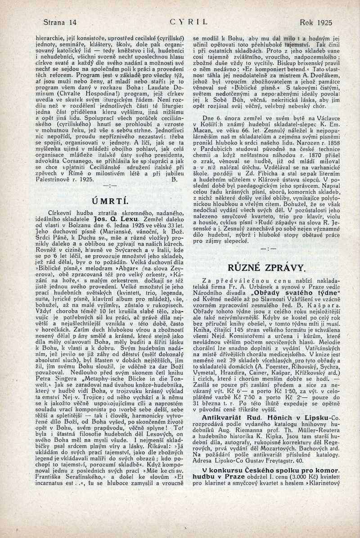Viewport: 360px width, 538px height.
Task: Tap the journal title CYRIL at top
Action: coord(189,21)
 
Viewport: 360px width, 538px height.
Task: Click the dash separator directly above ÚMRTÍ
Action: coord(110,185)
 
